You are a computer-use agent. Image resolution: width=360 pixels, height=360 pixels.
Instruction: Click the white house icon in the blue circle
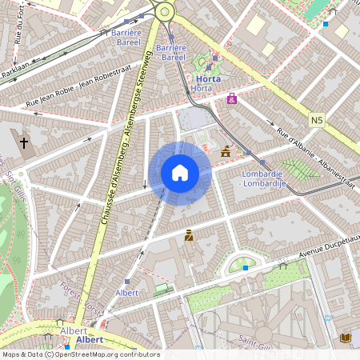(x=180, y=173)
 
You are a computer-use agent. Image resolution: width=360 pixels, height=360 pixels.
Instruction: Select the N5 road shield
(x=318, y=120)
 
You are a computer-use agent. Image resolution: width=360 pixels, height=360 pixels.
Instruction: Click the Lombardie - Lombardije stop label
(x=264, y=178)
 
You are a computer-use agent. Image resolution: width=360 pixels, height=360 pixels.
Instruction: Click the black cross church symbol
(x=24, y=143)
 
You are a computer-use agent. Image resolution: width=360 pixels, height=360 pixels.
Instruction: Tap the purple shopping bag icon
(x=232, y=99)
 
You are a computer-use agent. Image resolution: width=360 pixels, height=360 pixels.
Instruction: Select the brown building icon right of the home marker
(x=226, y=150)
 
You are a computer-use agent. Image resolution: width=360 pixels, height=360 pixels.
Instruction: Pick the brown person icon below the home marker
(x=190, y=235)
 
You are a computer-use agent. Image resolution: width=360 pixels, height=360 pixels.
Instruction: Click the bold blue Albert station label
(x=95, y=340)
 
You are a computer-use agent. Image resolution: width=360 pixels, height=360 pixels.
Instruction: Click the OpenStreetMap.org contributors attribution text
(x=108, y=354)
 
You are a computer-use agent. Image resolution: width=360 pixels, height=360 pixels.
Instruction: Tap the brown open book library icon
(x=346, y=338)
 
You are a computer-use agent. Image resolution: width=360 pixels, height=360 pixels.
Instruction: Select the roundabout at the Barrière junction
(x=166, y=11)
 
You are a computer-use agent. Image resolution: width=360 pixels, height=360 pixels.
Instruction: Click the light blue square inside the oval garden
(x=245, y=268)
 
